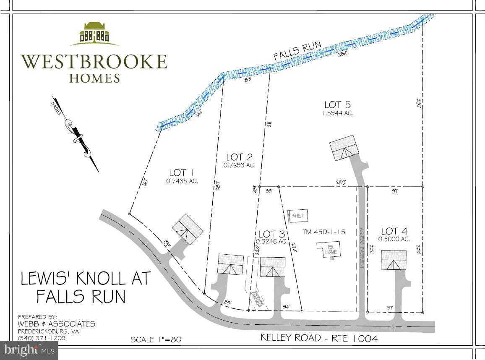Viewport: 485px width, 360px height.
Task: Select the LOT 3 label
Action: pyautogui.click(x=273, y=234)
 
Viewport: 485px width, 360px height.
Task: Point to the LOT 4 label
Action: pyautogui.click(x=394, y=231)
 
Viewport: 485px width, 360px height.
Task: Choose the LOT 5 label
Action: pyautogui.click(x=337, y=104)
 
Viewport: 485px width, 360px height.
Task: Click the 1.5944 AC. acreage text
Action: pyautogui.click(x=337, y=113)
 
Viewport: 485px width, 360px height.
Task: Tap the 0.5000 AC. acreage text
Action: pyautogui.click(x=394, y=240)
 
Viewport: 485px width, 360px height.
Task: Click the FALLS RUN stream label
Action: pyautogui.click(x=297, y=50)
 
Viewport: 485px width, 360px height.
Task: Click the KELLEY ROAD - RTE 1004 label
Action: pyautogui.click(x=319, y=338)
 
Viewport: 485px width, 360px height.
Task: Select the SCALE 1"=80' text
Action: pyautogui.click(x=156, y=339)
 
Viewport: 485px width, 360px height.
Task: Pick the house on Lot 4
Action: pyautogui.click(x=394, y=260)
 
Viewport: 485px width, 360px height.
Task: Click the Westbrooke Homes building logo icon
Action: pyautogui.click(x=94, y=34)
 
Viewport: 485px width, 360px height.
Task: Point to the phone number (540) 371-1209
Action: pyautogui.click(x=41, y=338)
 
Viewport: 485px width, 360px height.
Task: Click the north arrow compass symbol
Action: pyautogui.click(x=77, y=134)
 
